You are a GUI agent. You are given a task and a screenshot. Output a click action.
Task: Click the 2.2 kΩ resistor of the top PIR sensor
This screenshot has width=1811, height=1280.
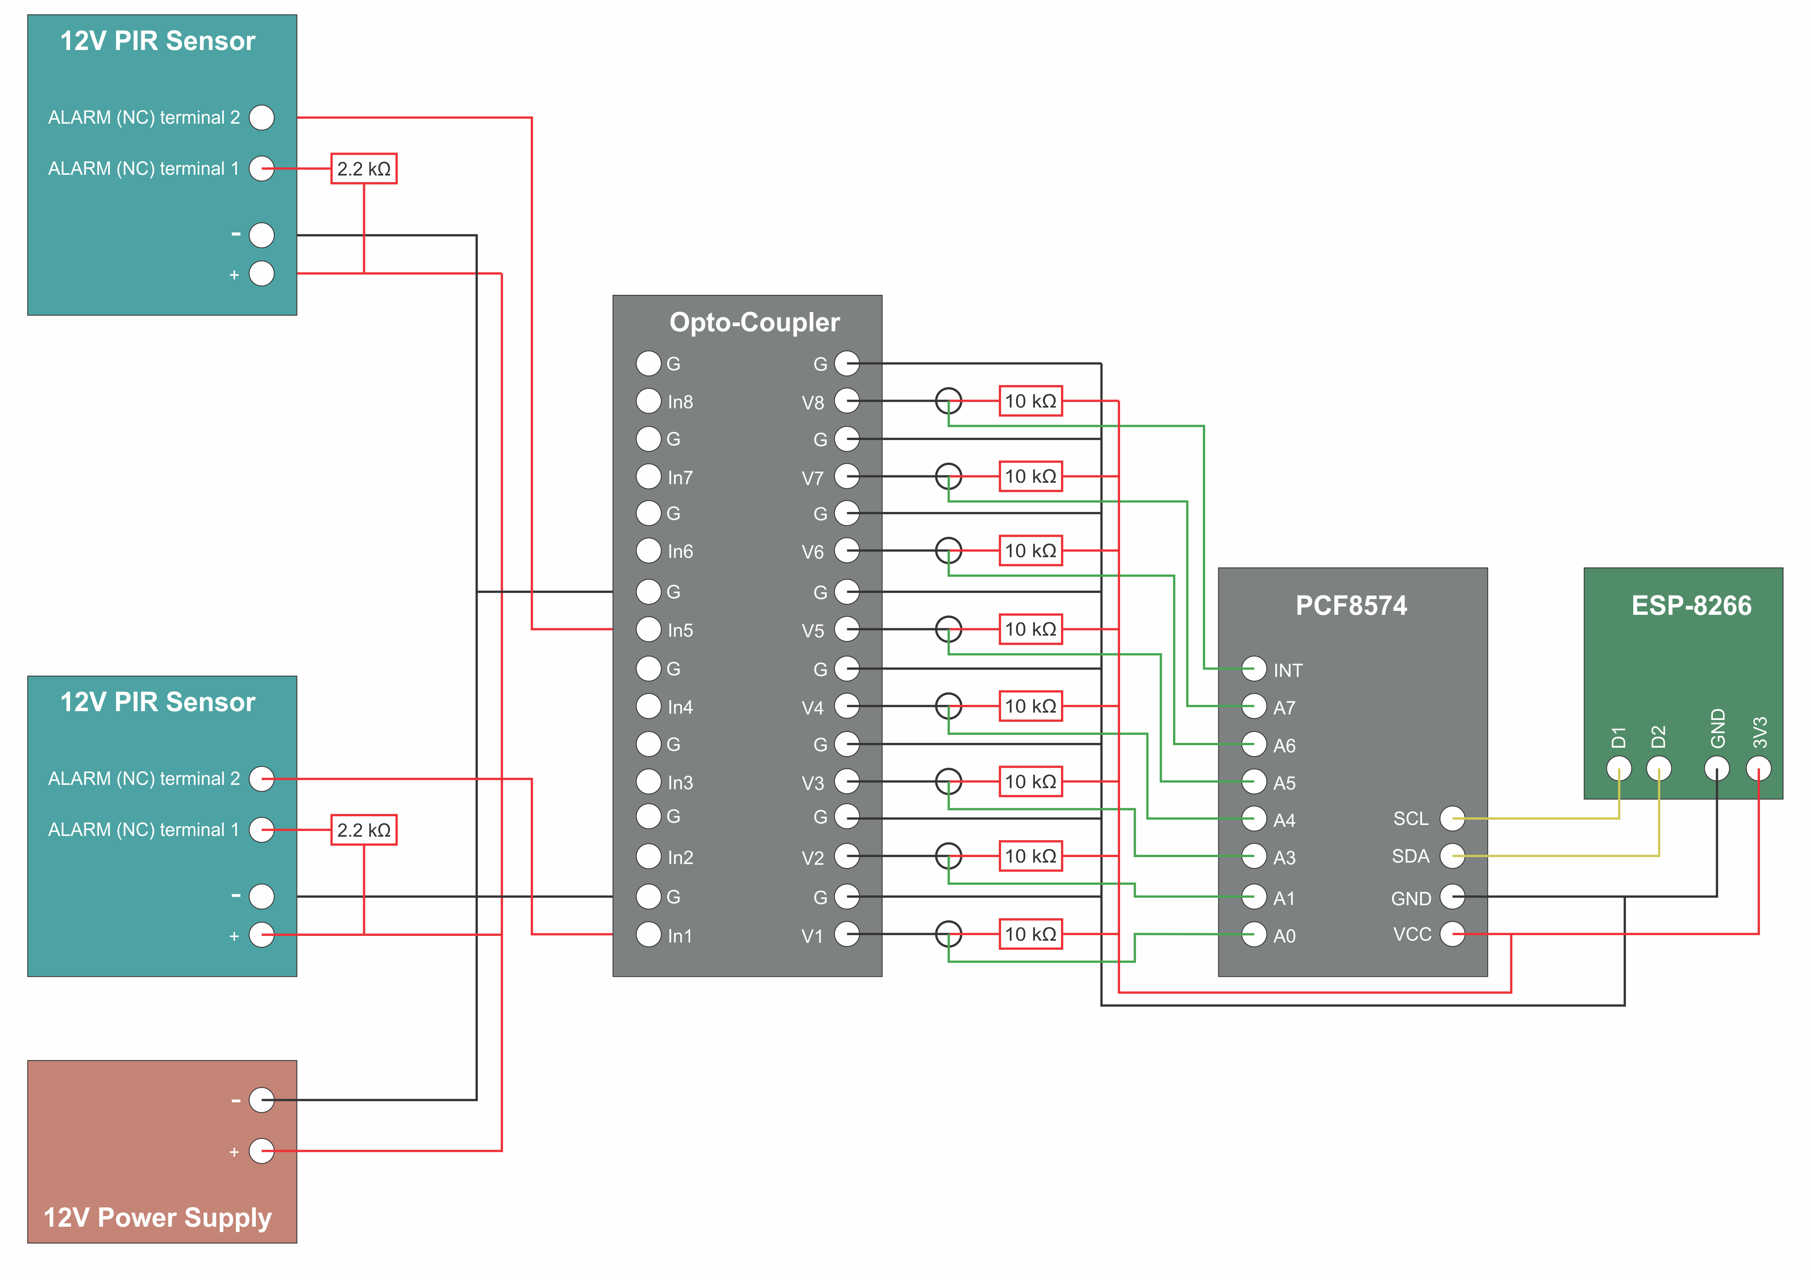coord(364,169)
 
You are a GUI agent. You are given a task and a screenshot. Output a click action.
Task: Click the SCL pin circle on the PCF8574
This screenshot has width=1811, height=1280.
coord(1452,819)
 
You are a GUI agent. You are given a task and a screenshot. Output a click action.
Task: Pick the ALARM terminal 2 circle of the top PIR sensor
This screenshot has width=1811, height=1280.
coord(261,117)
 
